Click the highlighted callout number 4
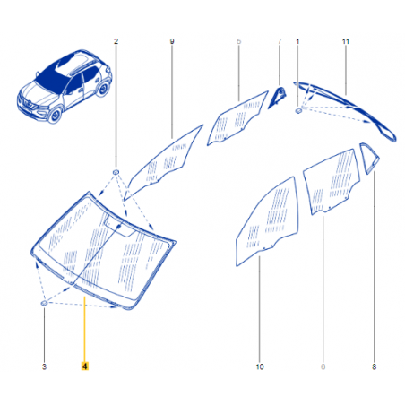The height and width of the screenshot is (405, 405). pos(85,366)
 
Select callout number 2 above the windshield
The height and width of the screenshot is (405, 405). pos(116,41)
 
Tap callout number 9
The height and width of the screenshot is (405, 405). pos(172,41)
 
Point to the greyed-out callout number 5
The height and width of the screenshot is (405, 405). pos(239,41)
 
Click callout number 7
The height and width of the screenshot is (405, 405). pos(280,41)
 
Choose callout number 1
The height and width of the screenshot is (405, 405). pos(297,41)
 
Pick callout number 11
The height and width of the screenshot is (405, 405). pos(346,41)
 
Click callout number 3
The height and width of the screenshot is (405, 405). pos(44,366)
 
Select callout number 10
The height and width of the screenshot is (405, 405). pos(260,366)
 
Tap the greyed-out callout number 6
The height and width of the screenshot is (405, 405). pos(323,366)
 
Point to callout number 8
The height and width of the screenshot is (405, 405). pos(374,366)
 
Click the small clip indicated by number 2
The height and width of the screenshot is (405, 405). pos(116,172)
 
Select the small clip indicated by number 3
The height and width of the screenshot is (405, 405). pos(44,304)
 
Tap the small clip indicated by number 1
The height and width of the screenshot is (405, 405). pos(298,111)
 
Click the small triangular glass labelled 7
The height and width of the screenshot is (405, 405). pos(277,98)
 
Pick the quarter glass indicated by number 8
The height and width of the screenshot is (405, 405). pos(369,158)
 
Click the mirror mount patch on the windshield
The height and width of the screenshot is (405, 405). pos(119,227)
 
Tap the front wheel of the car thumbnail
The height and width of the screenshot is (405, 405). pos(56,115)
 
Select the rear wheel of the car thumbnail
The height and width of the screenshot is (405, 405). pos(103,89)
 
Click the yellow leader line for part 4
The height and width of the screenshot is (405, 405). pos(84,329)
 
